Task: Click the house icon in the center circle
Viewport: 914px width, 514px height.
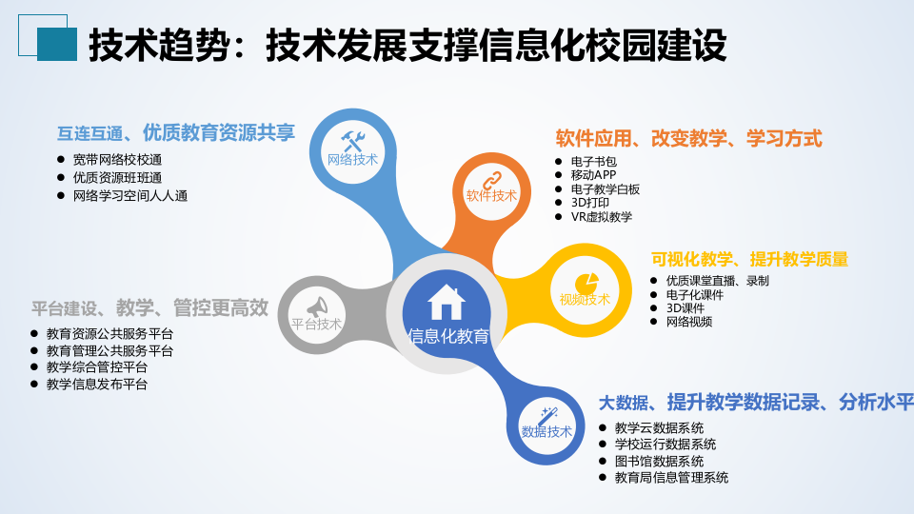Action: [447, 302]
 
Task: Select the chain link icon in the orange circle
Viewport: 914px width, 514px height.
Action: [491, 178]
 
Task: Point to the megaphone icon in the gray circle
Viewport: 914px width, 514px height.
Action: [316, 306]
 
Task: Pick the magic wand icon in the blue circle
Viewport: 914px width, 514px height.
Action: [547, 416]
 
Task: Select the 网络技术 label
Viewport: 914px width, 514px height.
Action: [352, 159]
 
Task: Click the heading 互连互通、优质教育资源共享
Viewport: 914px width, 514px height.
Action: [176, 132]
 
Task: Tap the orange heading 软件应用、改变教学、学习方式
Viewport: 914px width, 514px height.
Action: [688, 138]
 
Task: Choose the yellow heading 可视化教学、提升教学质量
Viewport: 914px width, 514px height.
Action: [749, 259]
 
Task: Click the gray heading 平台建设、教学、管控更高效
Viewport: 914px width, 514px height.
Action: [149, 308]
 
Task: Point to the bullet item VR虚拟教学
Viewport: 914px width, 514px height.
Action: [601, 216]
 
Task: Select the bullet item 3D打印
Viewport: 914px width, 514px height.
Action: [589, 203]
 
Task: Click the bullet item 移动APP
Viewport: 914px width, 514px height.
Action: [593, 175]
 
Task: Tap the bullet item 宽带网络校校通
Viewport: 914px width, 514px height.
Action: [117, 159]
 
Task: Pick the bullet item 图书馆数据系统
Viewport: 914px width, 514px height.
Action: [659, 461]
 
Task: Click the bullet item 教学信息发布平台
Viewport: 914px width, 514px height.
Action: [96, 384]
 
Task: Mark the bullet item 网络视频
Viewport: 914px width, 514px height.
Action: [688, 321]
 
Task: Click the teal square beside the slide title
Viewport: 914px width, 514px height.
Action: [56, 44]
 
